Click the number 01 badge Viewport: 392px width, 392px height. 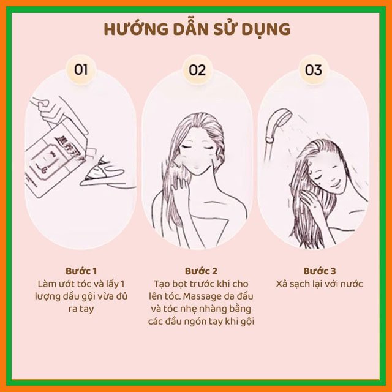81,70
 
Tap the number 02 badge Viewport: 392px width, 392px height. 197,70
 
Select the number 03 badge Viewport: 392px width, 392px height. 314,70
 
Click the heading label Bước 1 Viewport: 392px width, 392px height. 81,271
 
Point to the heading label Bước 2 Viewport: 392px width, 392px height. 201,271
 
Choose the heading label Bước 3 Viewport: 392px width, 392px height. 320,271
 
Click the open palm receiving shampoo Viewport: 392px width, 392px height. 102,175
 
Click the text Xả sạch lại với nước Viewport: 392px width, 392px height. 319,284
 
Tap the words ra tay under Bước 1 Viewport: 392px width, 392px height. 81,309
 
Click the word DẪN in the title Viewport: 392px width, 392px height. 190,29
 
